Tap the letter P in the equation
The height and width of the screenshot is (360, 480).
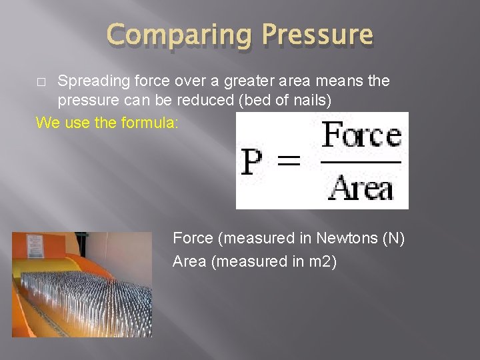coord(253,162)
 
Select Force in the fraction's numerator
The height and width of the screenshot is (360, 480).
coord(362,137)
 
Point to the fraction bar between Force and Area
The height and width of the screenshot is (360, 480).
coord(362,161)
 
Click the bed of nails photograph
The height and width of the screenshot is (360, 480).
coord(82,284)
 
